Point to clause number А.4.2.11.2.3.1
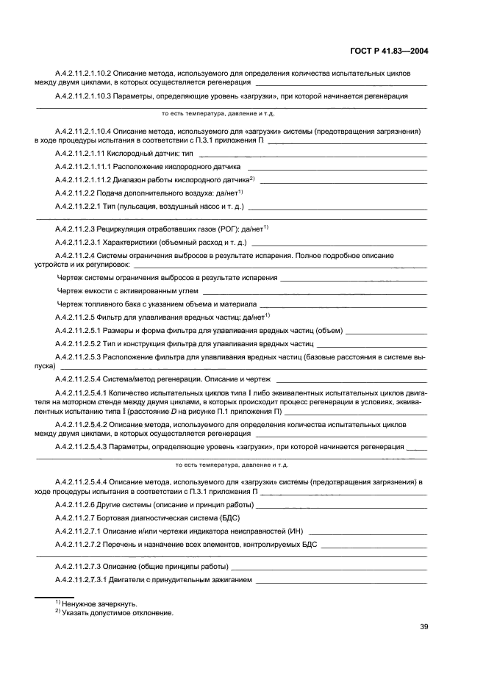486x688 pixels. (x=79, y=240)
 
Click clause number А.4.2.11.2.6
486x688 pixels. (x=76, y=505)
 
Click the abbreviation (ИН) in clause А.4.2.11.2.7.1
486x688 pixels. (x=295, y=530)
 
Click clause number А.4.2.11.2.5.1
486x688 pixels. (x=79, y=331)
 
